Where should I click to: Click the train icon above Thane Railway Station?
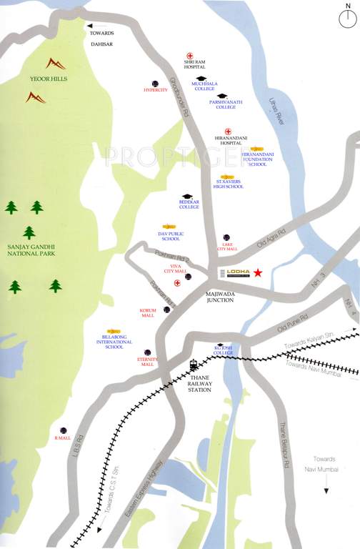(194, 362)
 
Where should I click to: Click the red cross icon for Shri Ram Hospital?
(190, 55)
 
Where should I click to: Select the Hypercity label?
(155, 90)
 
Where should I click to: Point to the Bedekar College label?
(189, 207)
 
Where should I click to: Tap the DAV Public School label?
(171, 237)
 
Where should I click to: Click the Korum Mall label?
(148, 312)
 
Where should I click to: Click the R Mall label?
(64, 437)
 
